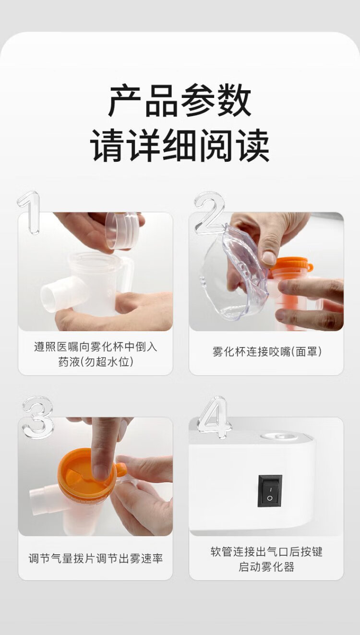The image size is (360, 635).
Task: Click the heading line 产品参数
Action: coord(180,100)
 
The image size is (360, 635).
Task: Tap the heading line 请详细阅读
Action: coord(180,145)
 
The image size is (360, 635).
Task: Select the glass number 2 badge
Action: coord(209,212)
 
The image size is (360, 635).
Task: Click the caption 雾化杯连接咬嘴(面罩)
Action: coord(267,352)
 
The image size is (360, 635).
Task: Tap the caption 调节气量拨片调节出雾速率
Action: coord(96,558)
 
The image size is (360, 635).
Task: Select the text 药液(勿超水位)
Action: coord(96,362)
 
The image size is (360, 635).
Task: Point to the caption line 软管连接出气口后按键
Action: coord(266,551)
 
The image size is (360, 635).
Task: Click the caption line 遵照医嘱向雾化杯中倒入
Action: coord(96,347)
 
